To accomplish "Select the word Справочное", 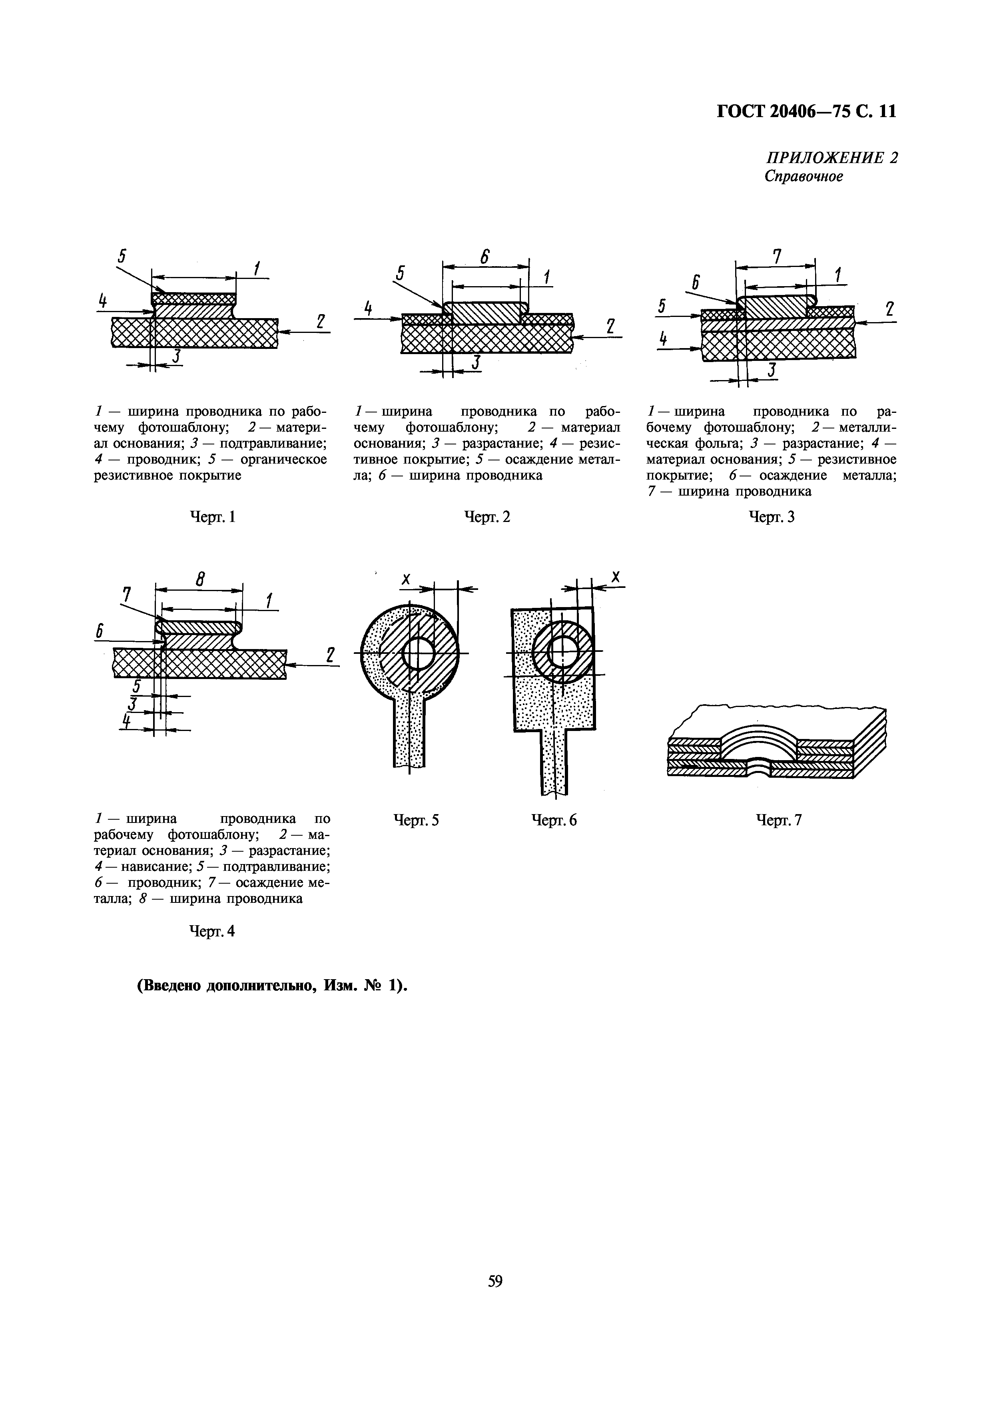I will (804, 177).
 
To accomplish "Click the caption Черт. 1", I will (213, 517).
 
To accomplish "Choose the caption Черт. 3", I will (772, 517).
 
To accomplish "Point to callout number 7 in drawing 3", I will (777, 255).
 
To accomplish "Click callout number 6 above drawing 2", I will (485, 257).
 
